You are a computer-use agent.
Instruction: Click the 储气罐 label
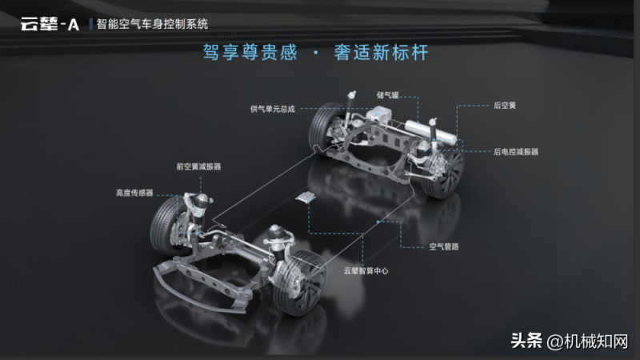[x=387, y=95]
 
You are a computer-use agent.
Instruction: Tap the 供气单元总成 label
[x=272, y=109]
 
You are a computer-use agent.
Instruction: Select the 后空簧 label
[x=505, y=106]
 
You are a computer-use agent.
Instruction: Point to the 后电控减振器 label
[x=516, y=152]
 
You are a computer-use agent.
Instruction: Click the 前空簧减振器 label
[x=198, y=166]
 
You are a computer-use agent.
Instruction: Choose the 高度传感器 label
[x=134, y=193]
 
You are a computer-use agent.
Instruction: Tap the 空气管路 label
[x=444, y=246]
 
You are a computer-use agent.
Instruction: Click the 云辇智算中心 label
[x=366, y=270]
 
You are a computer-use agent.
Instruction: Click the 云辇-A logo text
[x=50, y=24]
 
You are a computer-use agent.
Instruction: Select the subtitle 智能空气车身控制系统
[x=152, y=24]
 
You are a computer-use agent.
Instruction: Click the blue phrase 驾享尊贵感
[x=250, y=53]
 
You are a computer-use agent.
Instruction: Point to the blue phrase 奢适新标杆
[x=382, y=53]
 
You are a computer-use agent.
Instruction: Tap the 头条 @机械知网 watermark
[x=570, y=341]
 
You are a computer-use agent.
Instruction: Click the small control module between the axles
[x=306, y=197]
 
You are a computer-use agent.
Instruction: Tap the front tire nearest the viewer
[x=300, y=282]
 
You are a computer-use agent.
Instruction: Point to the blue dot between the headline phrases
[x=315, y=53]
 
